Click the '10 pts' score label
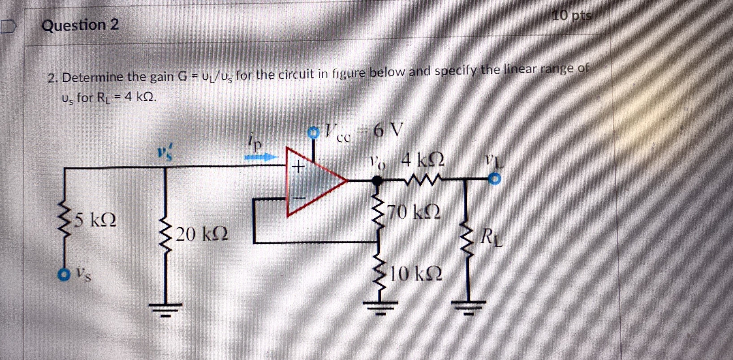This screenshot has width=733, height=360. click(x=571, y=16)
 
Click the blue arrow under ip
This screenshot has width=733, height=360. click(x=260, y=157)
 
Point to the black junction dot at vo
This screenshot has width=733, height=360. click(x=377, y=180)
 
